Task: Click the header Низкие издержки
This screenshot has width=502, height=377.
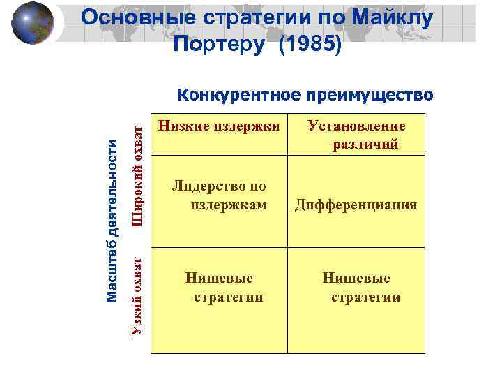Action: tap(219, 127)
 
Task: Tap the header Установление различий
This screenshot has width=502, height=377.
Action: tap(356, 135)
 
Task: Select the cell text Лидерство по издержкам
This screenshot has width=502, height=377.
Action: tap(219, 195)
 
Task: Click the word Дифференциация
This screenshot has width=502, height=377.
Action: tap(356, 205)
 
